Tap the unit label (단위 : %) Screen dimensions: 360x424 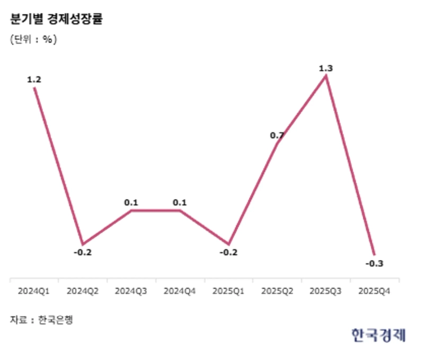point(33,39)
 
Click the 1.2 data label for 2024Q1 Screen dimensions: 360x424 point(34,80)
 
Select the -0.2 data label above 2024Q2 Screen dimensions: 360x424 point(83,252)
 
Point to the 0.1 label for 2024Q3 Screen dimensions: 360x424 point(131,202)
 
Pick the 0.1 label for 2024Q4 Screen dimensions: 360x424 point(180,202)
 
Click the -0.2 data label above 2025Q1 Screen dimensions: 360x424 point(228,252)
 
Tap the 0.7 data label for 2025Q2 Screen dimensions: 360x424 point(277,136)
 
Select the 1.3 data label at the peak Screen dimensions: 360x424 point(325,68)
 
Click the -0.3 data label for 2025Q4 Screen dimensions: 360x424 point(374,264)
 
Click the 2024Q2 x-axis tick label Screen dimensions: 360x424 point(83,291)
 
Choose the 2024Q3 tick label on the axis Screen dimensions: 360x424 point(131,291)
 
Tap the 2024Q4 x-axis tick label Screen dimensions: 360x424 point(180,291)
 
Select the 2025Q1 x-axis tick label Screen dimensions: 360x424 point(228,291)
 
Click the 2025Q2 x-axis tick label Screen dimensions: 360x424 point(277,291)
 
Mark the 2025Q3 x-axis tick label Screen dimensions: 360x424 point(325,291)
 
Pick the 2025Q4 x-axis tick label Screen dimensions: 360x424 point(374,291)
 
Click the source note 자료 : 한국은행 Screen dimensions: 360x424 point(41,320)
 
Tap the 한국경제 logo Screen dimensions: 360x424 point(378,335)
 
